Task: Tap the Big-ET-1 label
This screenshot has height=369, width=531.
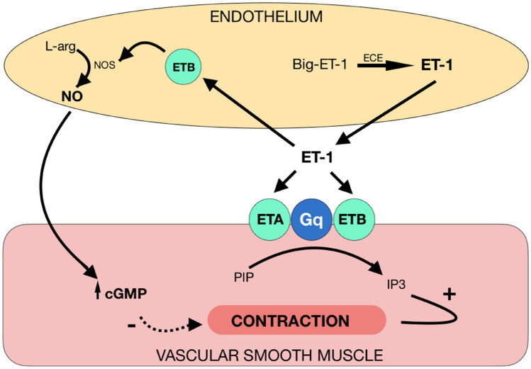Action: [x=318, y=66]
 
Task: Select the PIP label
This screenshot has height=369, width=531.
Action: [x=241, y=273]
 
